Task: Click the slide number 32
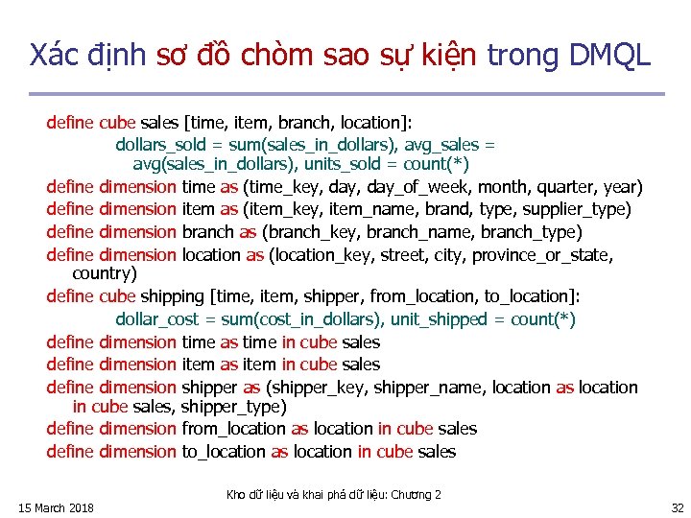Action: [x=678, y=507]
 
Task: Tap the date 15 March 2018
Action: [x=56, y=507]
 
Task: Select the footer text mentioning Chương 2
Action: [x=333, y=494]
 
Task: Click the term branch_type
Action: [x=531, y=232]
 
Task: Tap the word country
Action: [x=105, y=273]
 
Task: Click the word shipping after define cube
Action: [x=173, y=296]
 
